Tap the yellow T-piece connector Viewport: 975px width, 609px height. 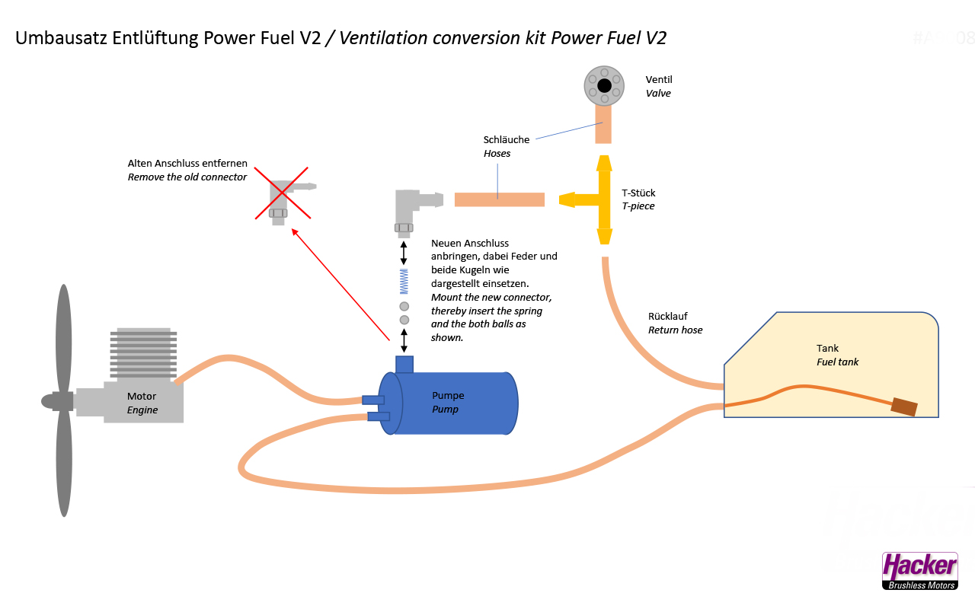[x=603, y=199]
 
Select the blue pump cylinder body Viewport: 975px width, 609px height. [x=449, y=403]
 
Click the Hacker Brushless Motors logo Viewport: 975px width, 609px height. [x=919, y=571]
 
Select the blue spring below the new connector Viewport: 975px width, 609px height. [x=404, y=282]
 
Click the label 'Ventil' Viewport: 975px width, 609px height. [x=659, y=80]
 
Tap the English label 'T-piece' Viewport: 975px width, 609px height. [x=638, y=206]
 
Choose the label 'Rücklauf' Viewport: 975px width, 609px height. [x=667, y=317]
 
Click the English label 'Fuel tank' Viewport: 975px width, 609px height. [x=837, y=362]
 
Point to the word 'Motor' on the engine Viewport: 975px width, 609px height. [x=142, y=397]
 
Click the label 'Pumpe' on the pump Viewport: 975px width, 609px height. [x=448, y=396]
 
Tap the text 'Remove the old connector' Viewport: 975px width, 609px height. [x=187, y=177]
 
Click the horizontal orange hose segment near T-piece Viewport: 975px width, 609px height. [x=499, y=199]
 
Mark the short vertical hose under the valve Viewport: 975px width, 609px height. [x=603, y=124]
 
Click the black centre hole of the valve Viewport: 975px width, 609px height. [x=604, y=84]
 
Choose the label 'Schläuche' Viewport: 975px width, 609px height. [x=507, y=140]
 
